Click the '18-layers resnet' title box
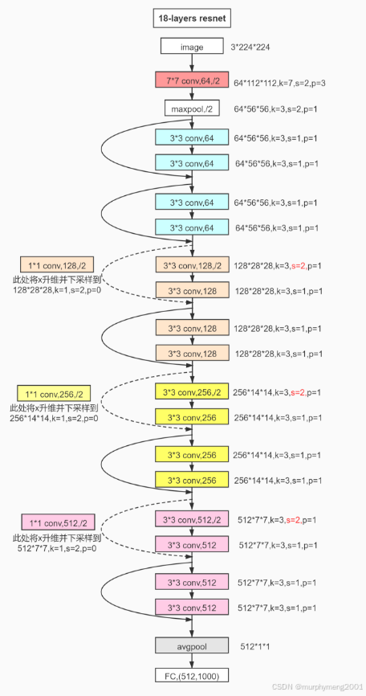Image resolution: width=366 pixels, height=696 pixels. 192,19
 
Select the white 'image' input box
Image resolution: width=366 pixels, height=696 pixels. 192,47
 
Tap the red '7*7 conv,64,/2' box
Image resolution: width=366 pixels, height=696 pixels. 192,80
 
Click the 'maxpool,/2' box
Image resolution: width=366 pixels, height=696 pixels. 192,108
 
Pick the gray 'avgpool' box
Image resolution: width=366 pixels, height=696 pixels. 192,646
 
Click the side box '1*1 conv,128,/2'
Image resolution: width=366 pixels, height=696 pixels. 57,265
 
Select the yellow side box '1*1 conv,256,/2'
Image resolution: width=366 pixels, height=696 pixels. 53,393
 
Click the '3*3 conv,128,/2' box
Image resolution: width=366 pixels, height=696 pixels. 192,265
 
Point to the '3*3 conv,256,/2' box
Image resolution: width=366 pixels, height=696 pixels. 192,392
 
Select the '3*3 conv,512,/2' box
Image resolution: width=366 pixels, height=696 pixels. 192,519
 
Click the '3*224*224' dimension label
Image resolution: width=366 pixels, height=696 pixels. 250,47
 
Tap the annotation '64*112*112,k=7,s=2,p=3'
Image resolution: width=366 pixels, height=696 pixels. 280,83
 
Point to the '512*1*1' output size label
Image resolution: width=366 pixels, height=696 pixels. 254,647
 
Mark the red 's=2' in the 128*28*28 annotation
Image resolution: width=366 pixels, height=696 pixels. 299,266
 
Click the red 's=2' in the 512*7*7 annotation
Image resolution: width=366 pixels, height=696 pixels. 294,519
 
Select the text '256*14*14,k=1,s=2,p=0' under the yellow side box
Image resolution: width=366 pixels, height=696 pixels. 54,418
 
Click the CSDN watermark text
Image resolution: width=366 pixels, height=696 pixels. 318,686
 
